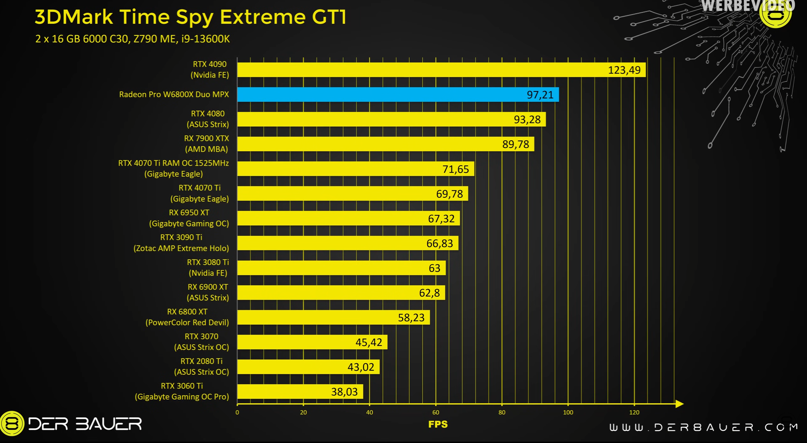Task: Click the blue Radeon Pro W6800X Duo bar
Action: [x=398, y=94]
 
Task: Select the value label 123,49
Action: [x=624, y=70]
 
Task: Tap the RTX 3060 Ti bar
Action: [x=300, y=392]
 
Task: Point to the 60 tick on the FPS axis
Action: [x=436, y=413]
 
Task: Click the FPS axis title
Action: [x=438, y=424]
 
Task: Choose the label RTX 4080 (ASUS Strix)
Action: [x=208, y=119]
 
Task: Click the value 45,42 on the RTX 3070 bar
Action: [x=368, y=342]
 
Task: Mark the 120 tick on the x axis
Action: [x=634, y=413]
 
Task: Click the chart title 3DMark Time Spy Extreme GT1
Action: [x=191, y=17]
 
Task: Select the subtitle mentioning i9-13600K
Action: [x=132, y=39]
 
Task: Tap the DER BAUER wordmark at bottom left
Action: [x=85, y=424]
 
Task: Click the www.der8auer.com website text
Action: [x=703, y=427]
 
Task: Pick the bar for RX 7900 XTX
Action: [x=385, y=144]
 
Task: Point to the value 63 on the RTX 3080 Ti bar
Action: [x=434, y=268]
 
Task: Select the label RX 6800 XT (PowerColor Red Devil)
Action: [x=187, y=317]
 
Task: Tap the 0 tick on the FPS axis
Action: [x=237, y=413]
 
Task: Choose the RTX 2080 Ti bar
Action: [x=308, y=367]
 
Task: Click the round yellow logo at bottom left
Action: [x=12, y=424]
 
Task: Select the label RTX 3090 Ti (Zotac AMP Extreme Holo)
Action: [x=181, y=243]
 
